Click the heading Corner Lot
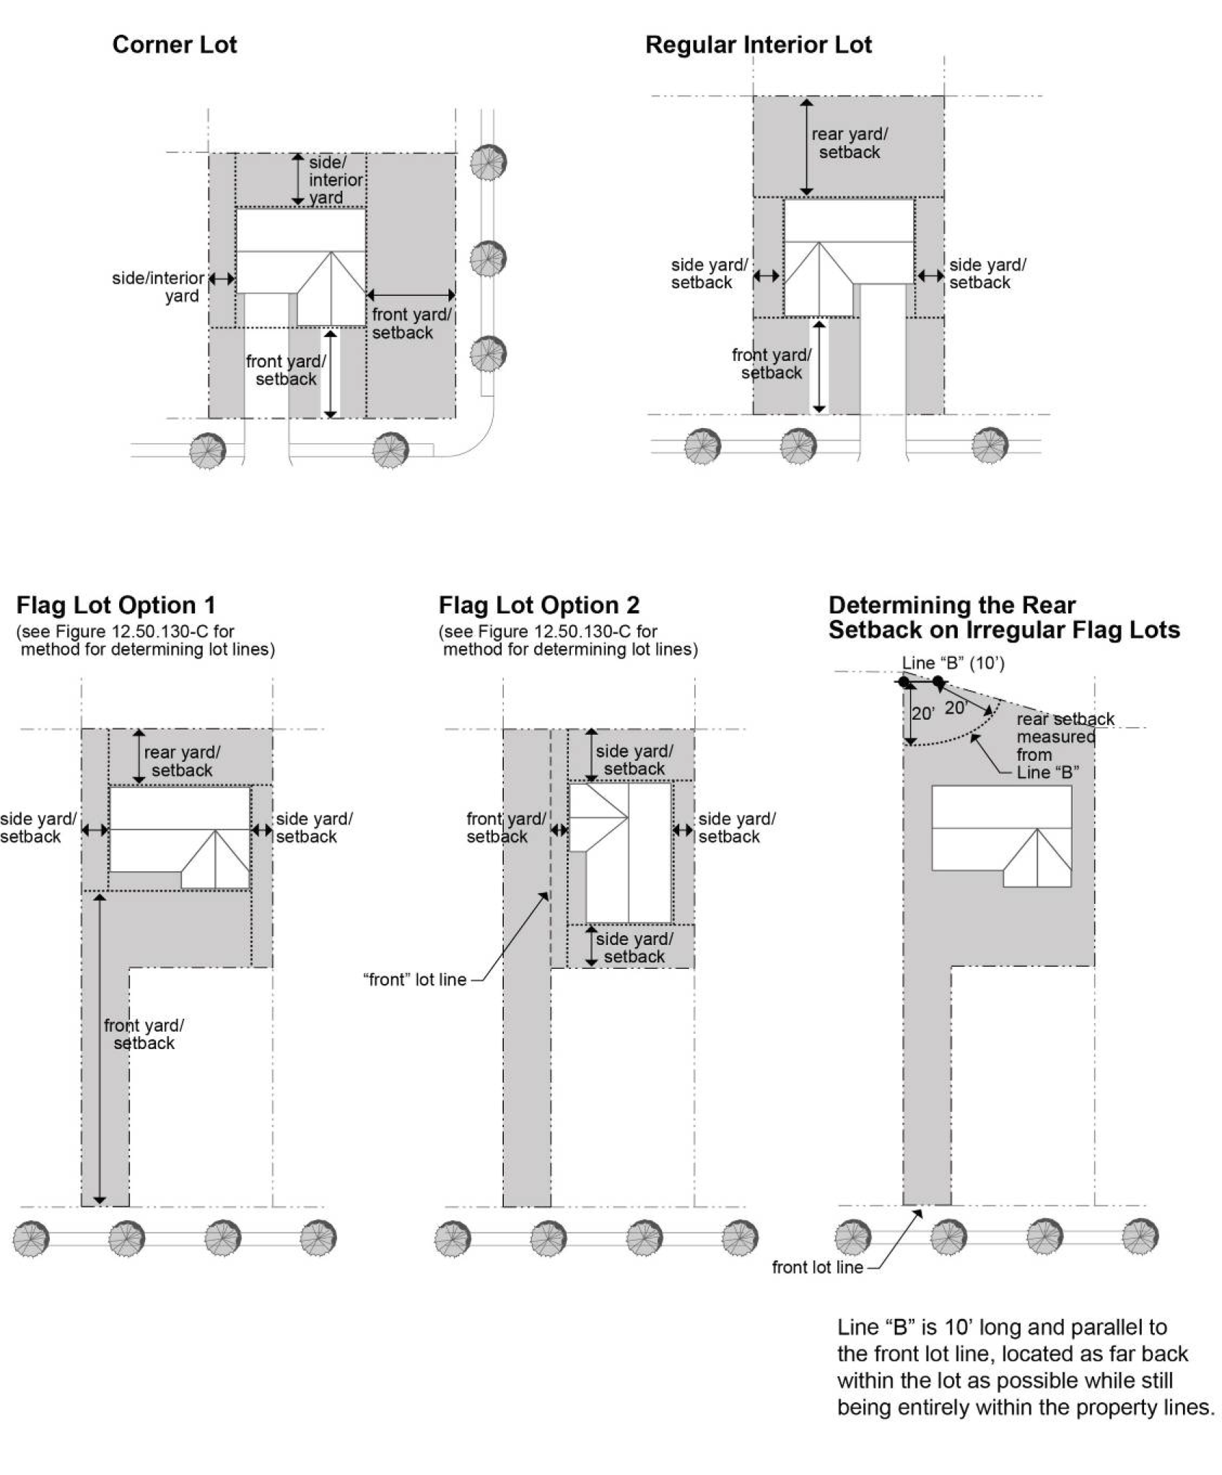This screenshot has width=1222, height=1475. pyautogui.click(x=174, y=45)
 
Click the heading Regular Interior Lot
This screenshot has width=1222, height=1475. pyautogui.click(x=758, y=45)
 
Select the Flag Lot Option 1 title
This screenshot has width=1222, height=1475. pyautogui.click(x=115, y=605)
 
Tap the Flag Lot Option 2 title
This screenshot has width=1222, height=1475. pyautogui.click(x=538, y=605)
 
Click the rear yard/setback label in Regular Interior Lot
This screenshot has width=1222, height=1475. pyautogui.click(x=849, y=143)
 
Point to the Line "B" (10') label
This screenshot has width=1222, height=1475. pyautogui.click(x=953, y=663)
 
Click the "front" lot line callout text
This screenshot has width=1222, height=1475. pyautogui.click(x=414, y=980)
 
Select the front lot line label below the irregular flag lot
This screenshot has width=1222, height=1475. pyautogui.click(x=817, y=1267)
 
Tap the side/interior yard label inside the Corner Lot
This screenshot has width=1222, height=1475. pyautogui.click(x=335, y=180)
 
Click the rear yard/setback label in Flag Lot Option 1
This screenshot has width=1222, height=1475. pyautogui.click(x=182, y=761)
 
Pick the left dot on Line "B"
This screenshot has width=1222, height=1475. pyautogui.click(x=904, y=682)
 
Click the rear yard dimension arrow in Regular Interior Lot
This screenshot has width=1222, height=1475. pyautogui.click(x=806, y=147)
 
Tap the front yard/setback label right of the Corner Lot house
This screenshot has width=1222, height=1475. pyautogui.click(x=411, y=323)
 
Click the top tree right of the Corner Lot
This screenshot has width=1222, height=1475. pyautogui.click(x=489, y=162)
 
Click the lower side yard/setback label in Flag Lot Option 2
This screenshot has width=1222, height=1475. pyautogui.click(x=634, y=947)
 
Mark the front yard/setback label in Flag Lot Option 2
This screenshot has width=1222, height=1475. pyautogui.click(x=505, y=827)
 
